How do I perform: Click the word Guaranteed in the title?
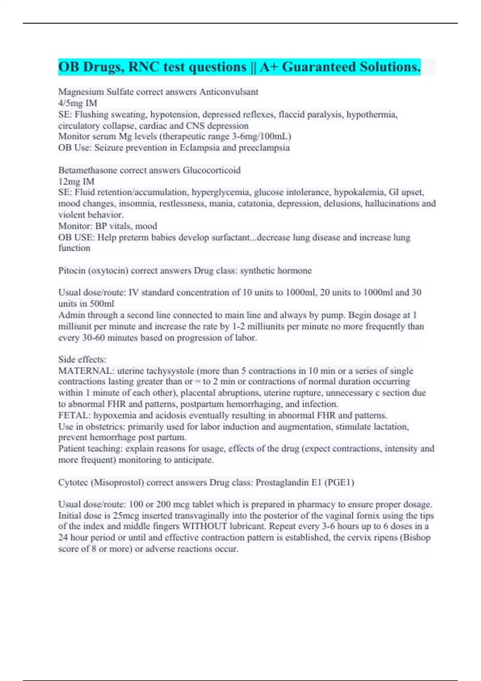pos(319,67)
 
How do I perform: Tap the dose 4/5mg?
pos(71,103)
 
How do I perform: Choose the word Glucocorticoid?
pos(212,170)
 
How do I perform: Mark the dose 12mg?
pos(69,181)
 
